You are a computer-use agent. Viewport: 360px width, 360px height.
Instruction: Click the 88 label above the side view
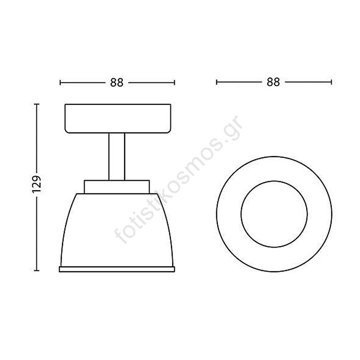(117, 83)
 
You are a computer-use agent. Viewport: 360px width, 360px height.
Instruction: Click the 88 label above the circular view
(274, 82)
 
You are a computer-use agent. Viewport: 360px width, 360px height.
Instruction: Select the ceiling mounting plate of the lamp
(118, 118)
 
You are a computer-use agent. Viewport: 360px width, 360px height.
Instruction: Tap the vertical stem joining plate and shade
(117, 157)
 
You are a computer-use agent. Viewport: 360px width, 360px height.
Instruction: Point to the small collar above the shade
(117, 187)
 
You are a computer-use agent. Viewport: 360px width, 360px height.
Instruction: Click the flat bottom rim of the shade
(117, 269)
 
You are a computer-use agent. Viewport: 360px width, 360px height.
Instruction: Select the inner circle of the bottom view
(274, 181)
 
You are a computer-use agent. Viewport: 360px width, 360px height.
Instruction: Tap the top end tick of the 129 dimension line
(36, 104)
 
